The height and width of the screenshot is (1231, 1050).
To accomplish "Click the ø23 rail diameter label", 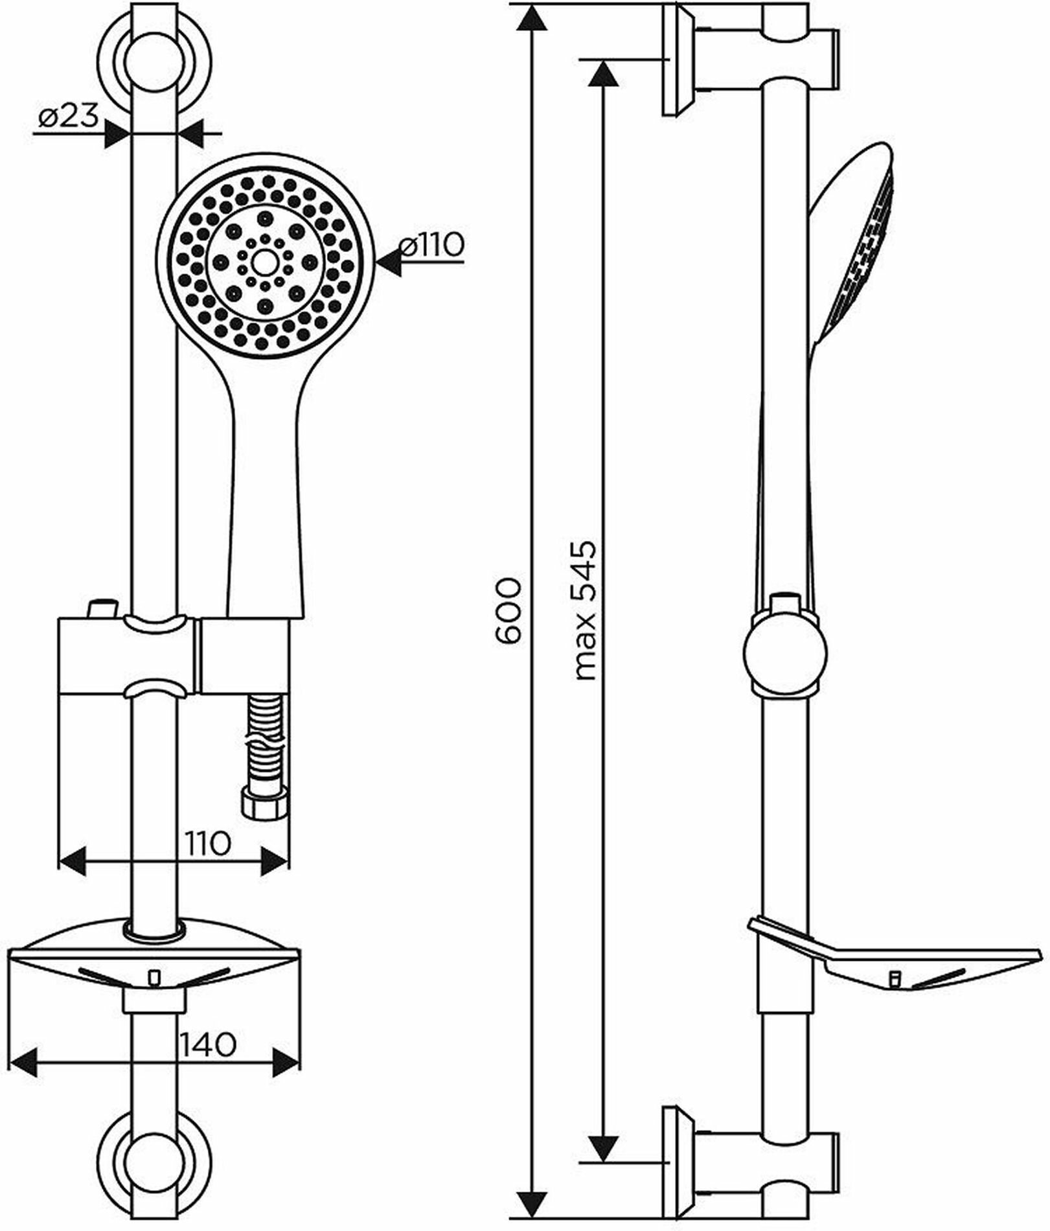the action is pyautogui.click(x=67, y=117).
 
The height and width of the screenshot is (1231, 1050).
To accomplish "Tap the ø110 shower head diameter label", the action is pyautogui.click(x=432, y=246).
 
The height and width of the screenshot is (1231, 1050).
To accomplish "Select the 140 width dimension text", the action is pyautogui.click(x=209, y=1044).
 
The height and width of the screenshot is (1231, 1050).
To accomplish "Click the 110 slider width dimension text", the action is pyautogui.click(x=209, y=843).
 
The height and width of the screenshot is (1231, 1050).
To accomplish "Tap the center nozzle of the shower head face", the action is pyautogui.click(x=264, y=262).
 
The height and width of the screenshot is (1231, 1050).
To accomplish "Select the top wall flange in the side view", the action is pyautogui.click(x=678, y=62).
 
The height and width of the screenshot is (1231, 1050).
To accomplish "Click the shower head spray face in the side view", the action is pyautogui.click(x=865, y=253).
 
